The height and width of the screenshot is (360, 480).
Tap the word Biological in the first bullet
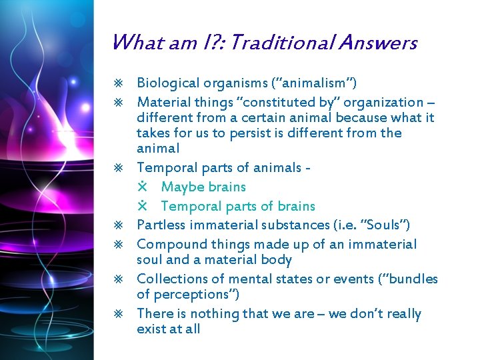(x=168, y=83)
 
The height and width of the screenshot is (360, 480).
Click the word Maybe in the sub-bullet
(x=183, y=187)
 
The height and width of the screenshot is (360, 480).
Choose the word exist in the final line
(x=151, y=329)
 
